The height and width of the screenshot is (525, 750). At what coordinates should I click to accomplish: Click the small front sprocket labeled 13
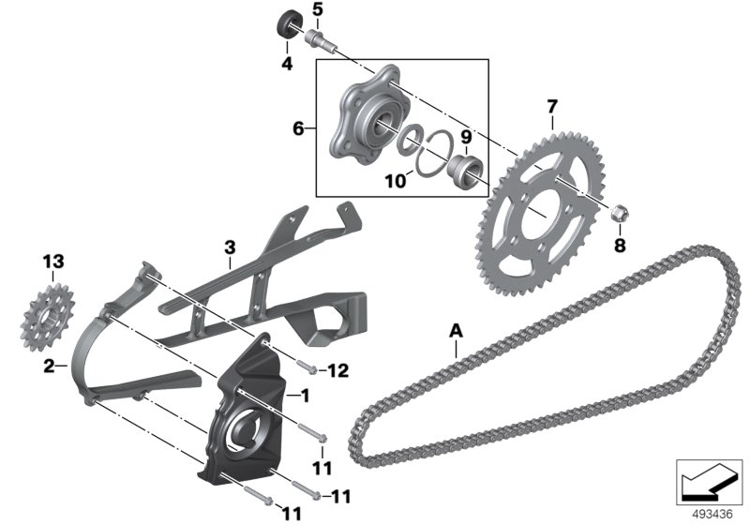(x=48, y=318)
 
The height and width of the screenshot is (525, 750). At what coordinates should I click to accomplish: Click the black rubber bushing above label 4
(x=290, y=25)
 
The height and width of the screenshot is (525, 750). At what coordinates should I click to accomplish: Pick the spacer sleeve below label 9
(x=466, y=171)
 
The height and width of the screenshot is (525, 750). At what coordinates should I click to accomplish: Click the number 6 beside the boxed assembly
(x=298, y=128)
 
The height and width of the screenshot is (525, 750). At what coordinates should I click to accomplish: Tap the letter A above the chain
(x=457, y=330)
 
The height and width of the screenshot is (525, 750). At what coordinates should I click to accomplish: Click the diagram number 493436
(x=712, y=515)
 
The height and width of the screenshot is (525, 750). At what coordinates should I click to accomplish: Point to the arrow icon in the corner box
(x=708, y=482)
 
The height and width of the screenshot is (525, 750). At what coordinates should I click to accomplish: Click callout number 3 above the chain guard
(x=230, y=247)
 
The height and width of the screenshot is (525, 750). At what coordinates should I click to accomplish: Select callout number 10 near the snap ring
(x=396, y=181)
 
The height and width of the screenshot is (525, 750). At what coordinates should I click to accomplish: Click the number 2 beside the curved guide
(x=49, y=367)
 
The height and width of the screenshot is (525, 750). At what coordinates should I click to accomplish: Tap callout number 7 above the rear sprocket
(x=552, y=106)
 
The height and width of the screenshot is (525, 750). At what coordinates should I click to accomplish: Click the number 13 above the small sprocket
(x=53, y=262)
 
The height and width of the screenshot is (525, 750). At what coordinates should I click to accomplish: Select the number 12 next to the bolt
(x=338, y=370)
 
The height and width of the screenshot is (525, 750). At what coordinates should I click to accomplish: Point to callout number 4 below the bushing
(x=287, y=63)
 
